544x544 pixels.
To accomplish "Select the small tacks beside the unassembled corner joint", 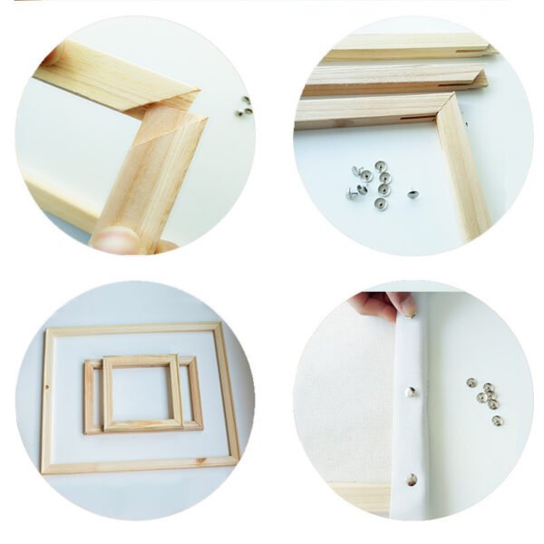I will [x=244, y=105].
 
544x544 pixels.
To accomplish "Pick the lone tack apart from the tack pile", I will [x=413, y=193].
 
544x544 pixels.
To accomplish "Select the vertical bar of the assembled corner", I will [x=462, y=172].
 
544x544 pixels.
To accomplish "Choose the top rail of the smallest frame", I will [x=142, y=360].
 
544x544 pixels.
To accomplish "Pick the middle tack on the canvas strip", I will [x=411, y=392].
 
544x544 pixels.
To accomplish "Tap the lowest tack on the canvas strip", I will [x=413, y=479].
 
